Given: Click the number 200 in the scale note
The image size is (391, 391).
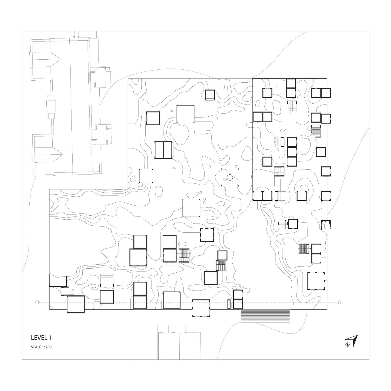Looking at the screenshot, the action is pyautogui.click(x=48, y=347).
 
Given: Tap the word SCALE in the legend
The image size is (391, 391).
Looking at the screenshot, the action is pyautogui.click(x=35, y=347).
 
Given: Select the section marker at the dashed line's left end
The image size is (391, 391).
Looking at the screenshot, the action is pyautogui.click(x=37, y=308).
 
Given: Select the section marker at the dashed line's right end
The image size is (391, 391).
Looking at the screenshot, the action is pyautogui.click(x=339, y=308).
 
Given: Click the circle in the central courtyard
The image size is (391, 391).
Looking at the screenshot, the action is pyautogui.click(x=230, y=178).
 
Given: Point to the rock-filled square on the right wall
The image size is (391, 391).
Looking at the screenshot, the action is pyautogui.click(x=326, y=225).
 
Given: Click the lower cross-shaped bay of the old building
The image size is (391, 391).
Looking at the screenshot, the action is pyautogui.click(x=101, y=134).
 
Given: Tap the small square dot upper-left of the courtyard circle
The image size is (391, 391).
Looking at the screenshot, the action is pyautogui.click(x=222, y=169).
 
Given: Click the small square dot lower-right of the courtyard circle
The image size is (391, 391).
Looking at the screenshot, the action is pyautogui.click(x=238, y=186).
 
